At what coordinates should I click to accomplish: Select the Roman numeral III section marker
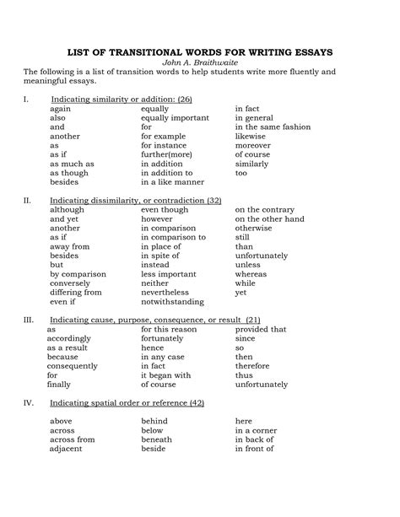(x=28, y=320)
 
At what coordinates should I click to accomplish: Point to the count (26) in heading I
(x=185, y=100)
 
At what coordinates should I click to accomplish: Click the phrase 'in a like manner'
(x=172, y=181)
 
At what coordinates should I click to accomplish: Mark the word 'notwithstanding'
(x=172, y=300)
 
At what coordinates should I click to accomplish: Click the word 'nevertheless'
(x=166, y=292)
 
